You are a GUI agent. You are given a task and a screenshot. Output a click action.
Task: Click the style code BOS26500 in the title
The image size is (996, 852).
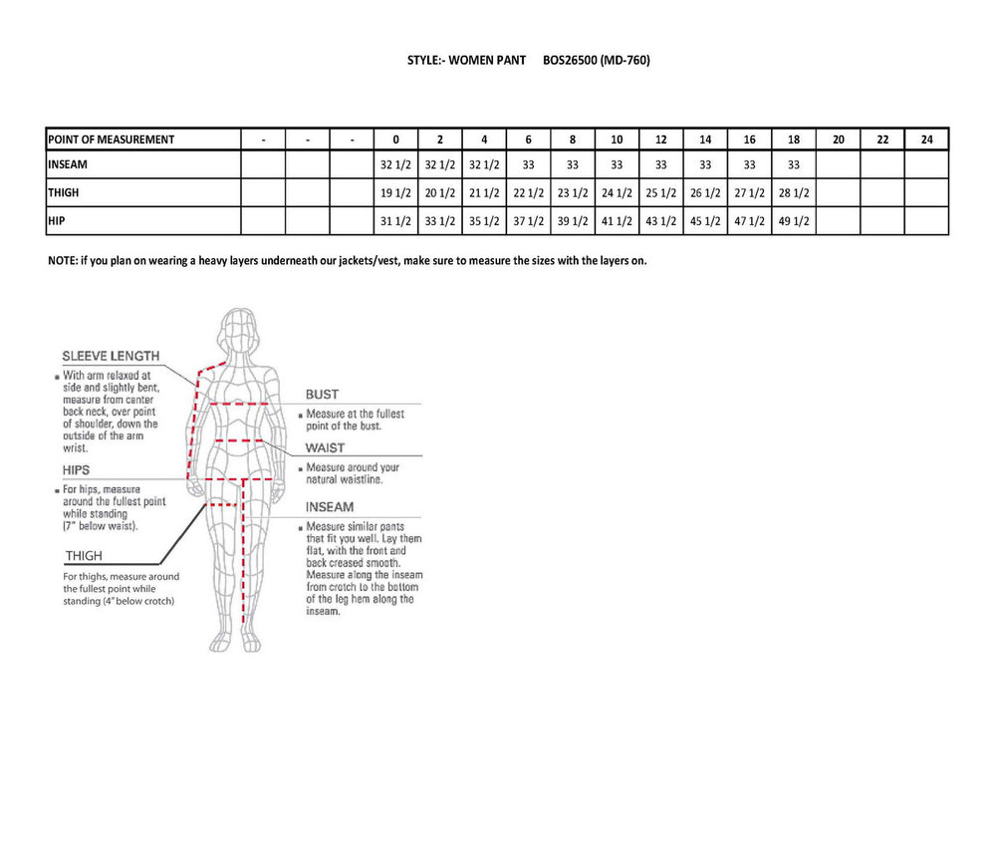pos(570,60)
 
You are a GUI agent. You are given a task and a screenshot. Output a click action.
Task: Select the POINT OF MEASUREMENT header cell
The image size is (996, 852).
pos(112,141)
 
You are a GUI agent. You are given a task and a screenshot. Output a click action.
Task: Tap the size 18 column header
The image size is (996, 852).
pos(794,141)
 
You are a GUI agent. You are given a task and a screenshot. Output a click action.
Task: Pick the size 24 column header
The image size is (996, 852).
pos(926,141)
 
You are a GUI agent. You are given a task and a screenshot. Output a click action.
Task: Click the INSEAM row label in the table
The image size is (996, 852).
pos(69,164)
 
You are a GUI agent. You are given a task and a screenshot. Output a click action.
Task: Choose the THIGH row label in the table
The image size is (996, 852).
pos(64,192)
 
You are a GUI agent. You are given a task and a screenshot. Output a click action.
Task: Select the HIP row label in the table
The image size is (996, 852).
pos(57,220)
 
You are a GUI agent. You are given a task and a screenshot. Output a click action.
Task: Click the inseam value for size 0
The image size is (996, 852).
pos(395,164)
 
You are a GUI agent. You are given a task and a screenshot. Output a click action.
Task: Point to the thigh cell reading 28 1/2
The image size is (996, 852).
pos(794,192)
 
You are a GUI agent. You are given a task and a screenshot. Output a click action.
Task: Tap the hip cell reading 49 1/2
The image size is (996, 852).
pos(794,220)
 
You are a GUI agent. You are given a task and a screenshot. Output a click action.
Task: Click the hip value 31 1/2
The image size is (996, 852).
pos(395,220)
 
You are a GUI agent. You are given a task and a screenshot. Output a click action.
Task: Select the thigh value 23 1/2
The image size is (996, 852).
pos(573,192)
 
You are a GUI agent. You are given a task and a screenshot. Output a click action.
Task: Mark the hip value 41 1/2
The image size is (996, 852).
pos(617,220)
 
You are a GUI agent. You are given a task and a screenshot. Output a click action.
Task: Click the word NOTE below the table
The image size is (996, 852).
pos(63,260)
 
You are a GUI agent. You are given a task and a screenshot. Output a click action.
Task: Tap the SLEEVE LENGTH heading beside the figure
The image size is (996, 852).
pos(110,356)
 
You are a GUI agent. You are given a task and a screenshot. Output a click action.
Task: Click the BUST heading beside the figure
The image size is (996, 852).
pos(322,395)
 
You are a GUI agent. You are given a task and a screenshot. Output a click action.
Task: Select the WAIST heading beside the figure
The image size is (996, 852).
pos(325,448)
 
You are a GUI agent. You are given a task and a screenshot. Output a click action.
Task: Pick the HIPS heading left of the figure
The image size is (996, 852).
pos(75,470)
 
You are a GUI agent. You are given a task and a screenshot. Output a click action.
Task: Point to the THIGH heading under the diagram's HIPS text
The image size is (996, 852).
pos(84,556)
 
